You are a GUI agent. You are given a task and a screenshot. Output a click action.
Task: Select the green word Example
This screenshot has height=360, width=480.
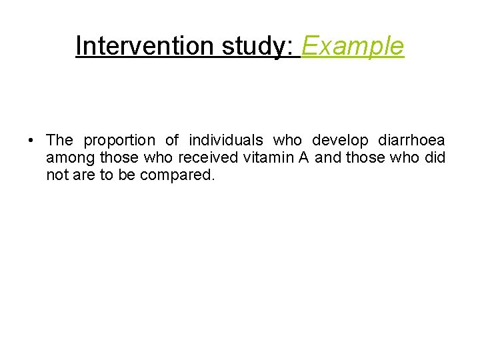(x=353, y=46)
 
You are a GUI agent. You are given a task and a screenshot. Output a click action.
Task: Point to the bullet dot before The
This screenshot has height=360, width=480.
(x=31, y=141)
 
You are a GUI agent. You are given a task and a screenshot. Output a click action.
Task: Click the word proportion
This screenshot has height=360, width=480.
(x=119, y=141)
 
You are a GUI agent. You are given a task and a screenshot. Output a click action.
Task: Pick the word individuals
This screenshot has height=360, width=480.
(x=226, y=141)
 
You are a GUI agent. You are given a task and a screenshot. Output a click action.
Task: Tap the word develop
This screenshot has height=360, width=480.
(x=340, y=141)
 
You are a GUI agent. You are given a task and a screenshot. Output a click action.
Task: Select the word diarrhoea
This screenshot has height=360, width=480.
(x=411, y=141)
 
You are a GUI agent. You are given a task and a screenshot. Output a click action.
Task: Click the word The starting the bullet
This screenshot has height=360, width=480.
(x=59, y=141)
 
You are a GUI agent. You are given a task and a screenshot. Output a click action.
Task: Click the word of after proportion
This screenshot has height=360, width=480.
(x=172, y=141)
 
